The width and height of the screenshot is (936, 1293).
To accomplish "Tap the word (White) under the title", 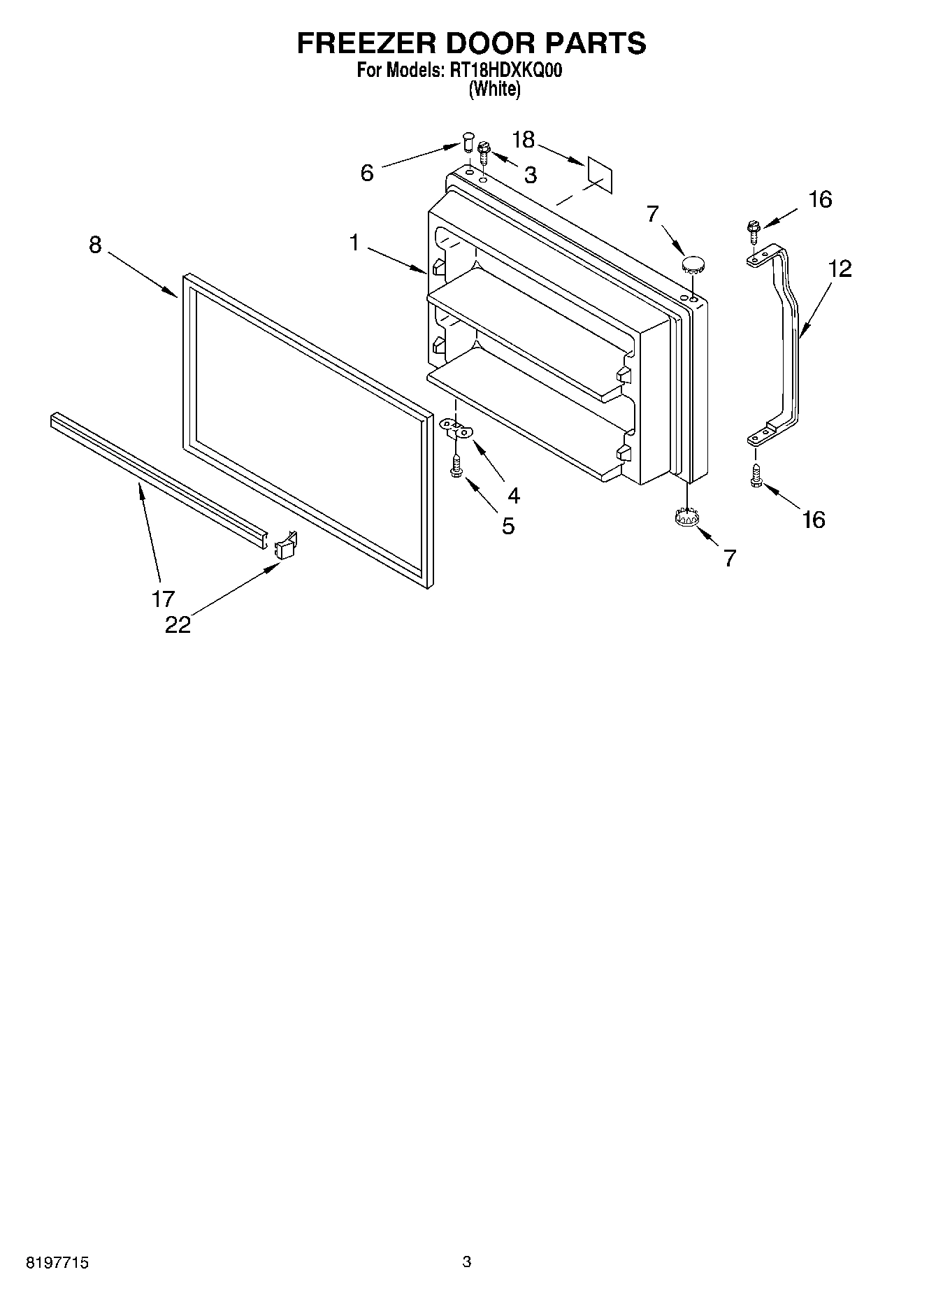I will pos(495,89).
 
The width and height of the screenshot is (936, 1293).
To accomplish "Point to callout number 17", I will pos(163,598).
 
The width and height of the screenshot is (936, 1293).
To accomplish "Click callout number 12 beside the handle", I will pos(841,269).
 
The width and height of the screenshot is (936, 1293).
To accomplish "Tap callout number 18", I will pos(523,140).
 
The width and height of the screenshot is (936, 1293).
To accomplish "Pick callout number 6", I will pos(367,172).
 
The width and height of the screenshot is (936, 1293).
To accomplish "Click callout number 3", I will pos(530,175).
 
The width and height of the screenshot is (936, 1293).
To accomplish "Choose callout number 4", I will pos(514,495).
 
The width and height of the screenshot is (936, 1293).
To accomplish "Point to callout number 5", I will pos(508,525).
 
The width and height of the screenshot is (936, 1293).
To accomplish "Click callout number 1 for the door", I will pos(355,243).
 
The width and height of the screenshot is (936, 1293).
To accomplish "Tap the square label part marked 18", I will pos(599,175).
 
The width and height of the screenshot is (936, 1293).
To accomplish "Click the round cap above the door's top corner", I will pos(693,264).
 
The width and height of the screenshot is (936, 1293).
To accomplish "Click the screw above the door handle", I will pos(753,229).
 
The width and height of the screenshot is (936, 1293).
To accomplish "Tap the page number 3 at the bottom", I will pos(466,1261).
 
